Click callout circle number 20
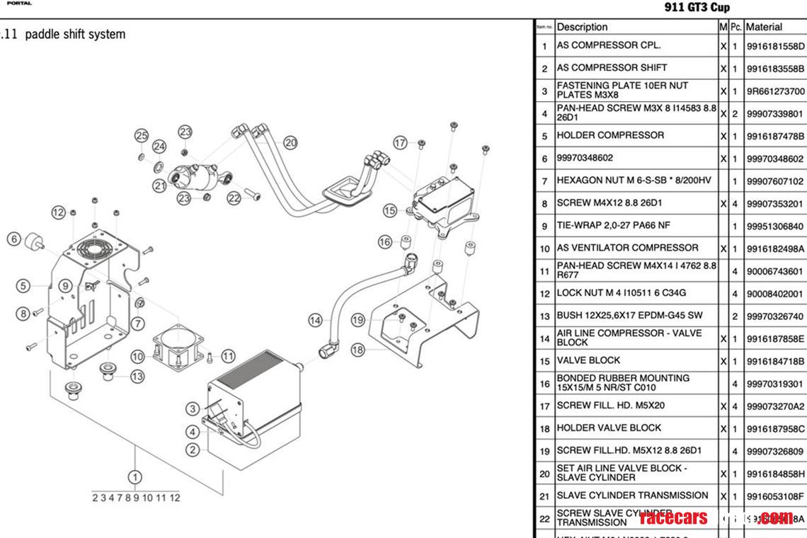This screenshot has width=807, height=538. [290, 142]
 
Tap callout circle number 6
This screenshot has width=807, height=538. [13, 239]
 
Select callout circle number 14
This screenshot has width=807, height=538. [315, 320]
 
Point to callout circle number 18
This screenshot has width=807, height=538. [357, 349]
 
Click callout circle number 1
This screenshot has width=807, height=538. [134, 478]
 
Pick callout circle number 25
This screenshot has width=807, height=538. [142, 135]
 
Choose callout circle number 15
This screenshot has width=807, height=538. [390, 210]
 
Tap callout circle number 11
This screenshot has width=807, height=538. [228, 355]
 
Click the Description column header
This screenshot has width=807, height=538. [582, 27]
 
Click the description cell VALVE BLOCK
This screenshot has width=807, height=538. [588, 360]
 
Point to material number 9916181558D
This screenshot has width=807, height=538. [775, 46]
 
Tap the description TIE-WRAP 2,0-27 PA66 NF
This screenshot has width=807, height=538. [614, 226]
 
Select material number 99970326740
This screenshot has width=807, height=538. [775, 316]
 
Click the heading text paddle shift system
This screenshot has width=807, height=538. [75, 34]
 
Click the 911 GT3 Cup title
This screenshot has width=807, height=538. [697, 8]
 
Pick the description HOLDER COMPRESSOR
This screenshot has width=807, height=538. [610, 135]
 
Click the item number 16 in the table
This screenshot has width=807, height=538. [544, 384]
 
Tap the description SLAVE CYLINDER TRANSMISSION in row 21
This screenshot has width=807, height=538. [632, 496]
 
